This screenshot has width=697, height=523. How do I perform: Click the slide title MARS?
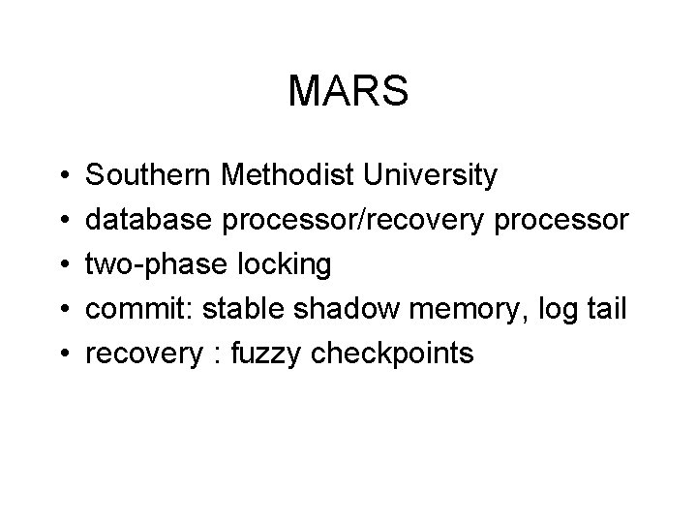[348, 92]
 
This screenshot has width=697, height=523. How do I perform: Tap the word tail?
[605, 309]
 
